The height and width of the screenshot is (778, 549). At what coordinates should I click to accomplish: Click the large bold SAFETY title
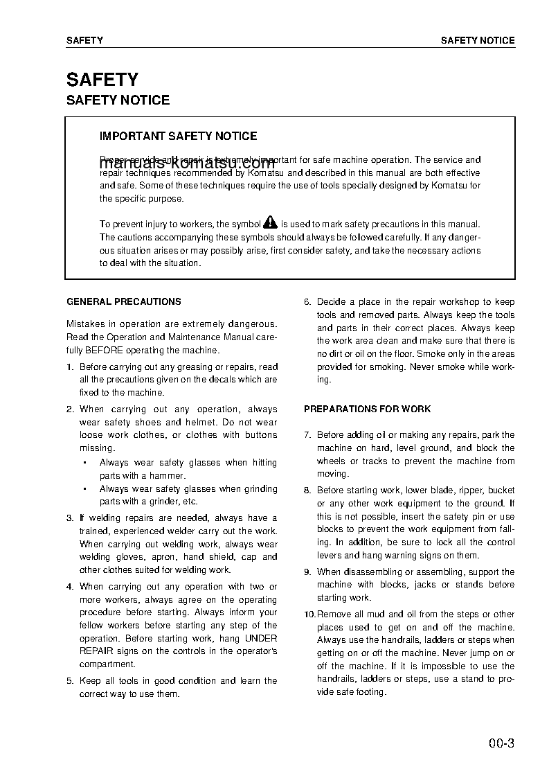(102, 80)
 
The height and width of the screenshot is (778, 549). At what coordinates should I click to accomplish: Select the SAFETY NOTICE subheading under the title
(118, 100)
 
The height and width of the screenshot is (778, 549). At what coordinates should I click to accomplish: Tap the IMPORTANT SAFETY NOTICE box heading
(178, 136)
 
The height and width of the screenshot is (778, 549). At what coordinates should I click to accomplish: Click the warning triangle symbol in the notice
(270, 223)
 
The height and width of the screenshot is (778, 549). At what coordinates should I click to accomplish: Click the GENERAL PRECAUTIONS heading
(124, 302)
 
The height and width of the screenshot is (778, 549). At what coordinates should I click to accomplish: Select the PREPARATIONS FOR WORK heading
(367, 409)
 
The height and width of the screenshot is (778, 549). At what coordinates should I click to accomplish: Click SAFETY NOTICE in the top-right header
(478, 41)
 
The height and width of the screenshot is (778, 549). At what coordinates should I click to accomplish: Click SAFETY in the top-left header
(84, 41)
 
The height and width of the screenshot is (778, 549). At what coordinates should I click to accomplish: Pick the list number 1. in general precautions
(70, 367)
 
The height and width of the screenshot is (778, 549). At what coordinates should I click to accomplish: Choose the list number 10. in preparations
(309, 615)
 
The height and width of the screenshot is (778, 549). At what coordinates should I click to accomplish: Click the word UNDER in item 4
(262, 638)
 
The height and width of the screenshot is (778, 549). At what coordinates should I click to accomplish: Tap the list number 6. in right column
(307, 302)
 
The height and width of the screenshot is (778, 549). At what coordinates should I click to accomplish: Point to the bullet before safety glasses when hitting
(84, 463)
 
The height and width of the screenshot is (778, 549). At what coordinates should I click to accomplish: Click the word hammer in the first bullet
(168, 476)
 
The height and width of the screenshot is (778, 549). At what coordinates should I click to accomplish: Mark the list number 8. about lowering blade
(307, 490)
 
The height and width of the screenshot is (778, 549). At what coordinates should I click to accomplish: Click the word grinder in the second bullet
(163, 502)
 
